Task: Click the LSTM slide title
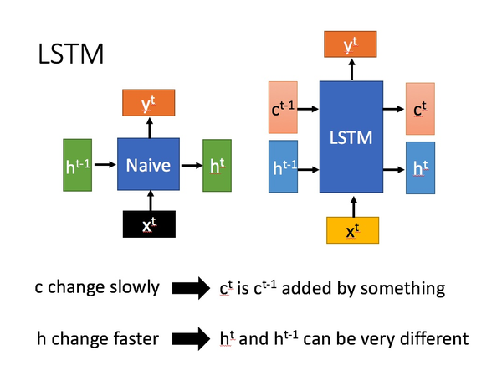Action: [70, 54]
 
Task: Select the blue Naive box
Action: [148, 165]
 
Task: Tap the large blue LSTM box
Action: [351, 137]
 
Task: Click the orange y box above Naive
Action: [148, 104]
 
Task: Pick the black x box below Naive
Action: [148, 224]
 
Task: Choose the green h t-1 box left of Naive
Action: [78, 165]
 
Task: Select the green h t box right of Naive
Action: [218, 165]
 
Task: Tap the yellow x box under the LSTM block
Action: [352, 229]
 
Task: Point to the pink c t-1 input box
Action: [283, 108]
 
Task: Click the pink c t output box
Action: [420, 109]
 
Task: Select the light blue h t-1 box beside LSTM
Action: [283, 167]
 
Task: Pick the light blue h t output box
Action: [420, 168]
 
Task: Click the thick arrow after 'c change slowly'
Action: [192, 288]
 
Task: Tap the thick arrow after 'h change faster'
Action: [192, 339]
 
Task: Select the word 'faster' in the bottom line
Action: [134, 339]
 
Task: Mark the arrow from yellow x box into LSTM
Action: [352, 204]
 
